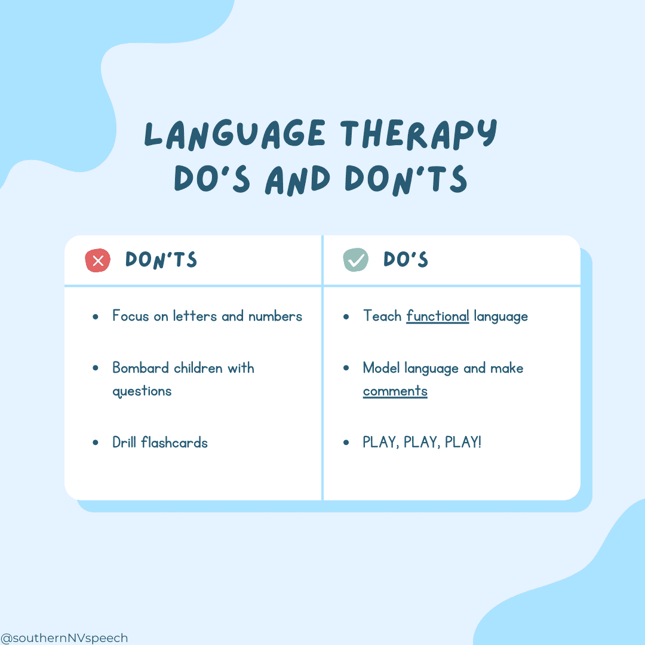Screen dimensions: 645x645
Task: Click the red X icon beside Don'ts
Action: [x=97, y=260]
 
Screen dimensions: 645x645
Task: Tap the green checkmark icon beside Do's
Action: [x=356, y=260]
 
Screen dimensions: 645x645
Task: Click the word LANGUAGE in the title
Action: [x=235, y=134]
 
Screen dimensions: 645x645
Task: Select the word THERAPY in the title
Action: [x=419, y=134]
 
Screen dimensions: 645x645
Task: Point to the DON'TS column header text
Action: [x=161, y=260]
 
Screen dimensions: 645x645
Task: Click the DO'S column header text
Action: [x=406, y=259]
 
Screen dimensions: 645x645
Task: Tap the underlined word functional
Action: [x=438, y=317]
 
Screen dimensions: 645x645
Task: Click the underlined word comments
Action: [x=395, y=391]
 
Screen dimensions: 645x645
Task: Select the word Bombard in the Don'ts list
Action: [x=141, y=368]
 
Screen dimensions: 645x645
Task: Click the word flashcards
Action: [x=174, y=442]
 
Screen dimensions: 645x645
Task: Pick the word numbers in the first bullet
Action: [x=275, y=316]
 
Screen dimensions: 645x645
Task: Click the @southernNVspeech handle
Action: [x=64, y=638]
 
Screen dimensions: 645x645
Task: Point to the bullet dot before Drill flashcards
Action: [x=96, y=443]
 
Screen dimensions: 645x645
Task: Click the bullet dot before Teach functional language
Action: [x=346, y=317]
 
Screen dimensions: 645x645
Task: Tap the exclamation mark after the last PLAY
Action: [x=479, y=442]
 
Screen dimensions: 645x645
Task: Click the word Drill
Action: [x=124, y=442]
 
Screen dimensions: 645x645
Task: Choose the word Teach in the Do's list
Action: [x=382, y=316]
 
